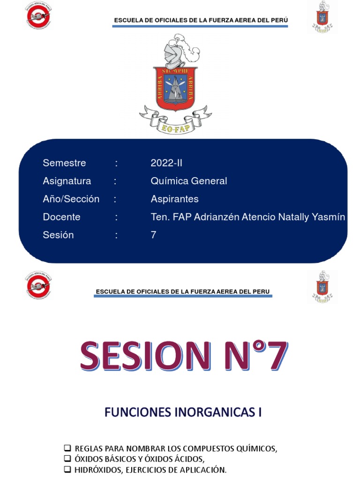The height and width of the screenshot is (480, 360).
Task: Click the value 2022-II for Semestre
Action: (x=166, y=163)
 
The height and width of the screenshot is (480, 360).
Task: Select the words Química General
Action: (x=188, y=181)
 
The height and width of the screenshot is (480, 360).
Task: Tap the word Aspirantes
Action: (x=174, y=199)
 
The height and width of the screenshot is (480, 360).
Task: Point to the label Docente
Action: (x=61, y=217)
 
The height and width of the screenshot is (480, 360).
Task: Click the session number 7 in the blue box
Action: (x=153, y=235)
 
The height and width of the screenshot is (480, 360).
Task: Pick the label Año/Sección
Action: (x=71, y=199)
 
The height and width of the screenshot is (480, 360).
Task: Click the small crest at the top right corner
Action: (x=322, y=16)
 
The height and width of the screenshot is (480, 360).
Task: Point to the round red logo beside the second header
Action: (x=38, y=285)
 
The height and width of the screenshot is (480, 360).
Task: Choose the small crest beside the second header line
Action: (x=322, y=285)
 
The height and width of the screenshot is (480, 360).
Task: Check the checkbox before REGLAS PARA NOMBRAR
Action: (x=67, y=448)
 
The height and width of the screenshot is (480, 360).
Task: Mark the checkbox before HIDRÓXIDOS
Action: (x=67, y=469)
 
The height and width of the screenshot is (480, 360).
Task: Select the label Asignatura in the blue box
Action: (x=67, y=181)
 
